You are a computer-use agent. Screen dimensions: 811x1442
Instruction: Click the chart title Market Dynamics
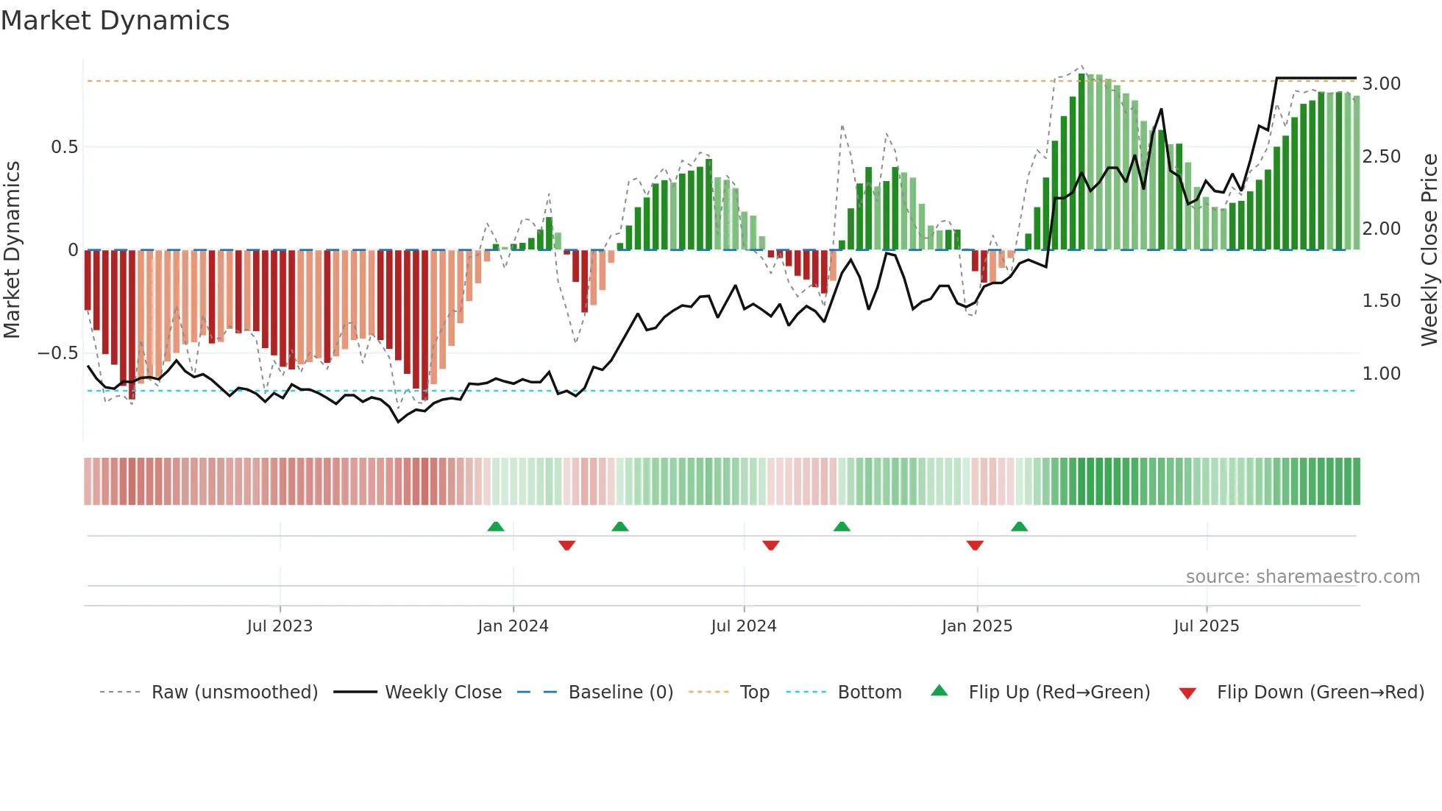pyautogui.click(x=116, y=21)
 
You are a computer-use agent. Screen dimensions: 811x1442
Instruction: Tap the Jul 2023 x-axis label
pyautogui.click(x=280, y=626)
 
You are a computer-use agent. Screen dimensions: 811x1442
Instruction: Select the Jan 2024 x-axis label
pyautogui.click(x=513, y=626)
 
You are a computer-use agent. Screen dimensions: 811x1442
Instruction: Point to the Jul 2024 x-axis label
pyautogui.click(x=743, y=626)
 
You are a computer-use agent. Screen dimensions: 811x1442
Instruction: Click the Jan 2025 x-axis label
pyautogui.click(x=976, y=626)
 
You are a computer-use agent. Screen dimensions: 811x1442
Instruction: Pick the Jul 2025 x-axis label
pyautogui.click(x=1206, y=626)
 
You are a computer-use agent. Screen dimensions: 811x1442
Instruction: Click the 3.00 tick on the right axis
pyautogui.click(x=1381, y=84)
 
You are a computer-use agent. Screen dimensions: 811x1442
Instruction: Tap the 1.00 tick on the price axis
pyautogui.click(x=1381, y=374)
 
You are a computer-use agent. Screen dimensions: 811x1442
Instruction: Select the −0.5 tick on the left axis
pyautogui.click(x=57, y=353)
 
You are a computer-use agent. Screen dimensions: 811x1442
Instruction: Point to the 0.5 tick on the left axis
pyautogui.click(x=64, y=147)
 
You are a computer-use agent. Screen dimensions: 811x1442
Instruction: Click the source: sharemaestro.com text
pyautogui.click(x=1302, y=577)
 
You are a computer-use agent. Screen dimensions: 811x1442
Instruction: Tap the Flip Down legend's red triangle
pyautogui.click(x=1187, y=693)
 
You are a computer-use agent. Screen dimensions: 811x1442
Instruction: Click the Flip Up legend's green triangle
pyautogui.click(x=939, y=691)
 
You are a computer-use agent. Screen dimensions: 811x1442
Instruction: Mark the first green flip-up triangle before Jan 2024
pyautogui.click(x=496, y=527)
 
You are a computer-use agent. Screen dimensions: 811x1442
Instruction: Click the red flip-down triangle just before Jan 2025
pyautogui.click(x=975, y=545)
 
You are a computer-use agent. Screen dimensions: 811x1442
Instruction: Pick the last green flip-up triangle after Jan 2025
pyautogui.click(x=1019, y=527)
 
